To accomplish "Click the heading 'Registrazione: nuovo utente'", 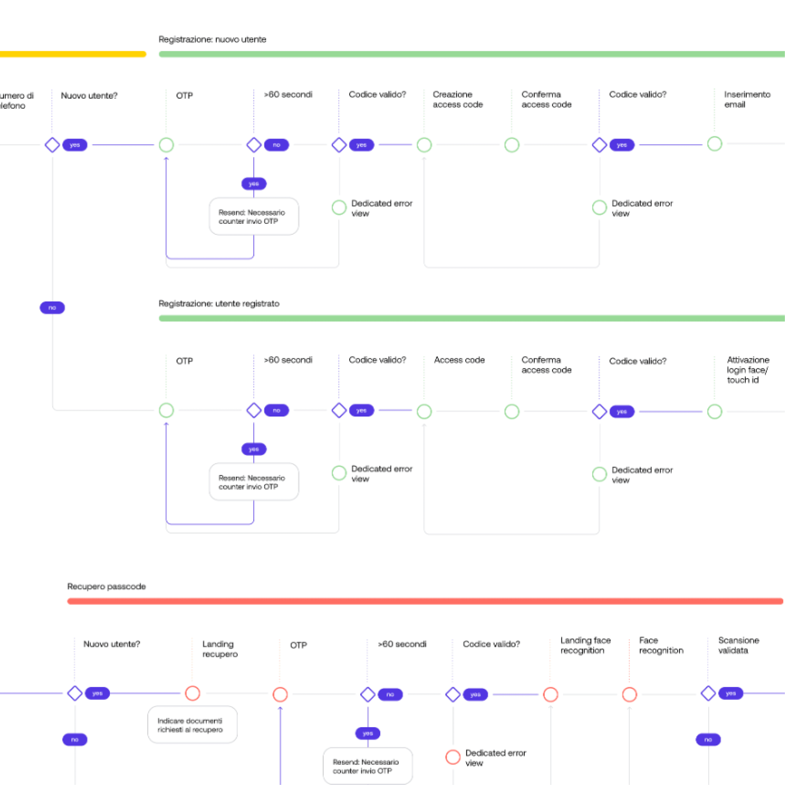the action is [x=212, y=39].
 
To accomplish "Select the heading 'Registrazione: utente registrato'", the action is [x=219, y=303].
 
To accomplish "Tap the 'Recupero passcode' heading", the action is [x=106, y=586].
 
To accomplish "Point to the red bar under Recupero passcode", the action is [x=425, y=601].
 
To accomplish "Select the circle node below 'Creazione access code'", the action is [x=424, y=145].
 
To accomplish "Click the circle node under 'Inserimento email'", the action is [x=715, y=144].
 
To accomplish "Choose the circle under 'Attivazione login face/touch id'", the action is [x=715, y=412].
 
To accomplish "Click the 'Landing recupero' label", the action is [x=220, y=649].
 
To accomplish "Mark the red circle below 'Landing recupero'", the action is [x=193, y=693].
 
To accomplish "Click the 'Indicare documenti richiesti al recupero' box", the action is [x=193, y=724].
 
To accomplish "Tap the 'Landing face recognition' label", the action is [x=586, y=645].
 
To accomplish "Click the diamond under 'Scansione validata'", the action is [x=708, y=693].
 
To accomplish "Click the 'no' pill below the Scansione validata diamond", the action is [x=708, y=739].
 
